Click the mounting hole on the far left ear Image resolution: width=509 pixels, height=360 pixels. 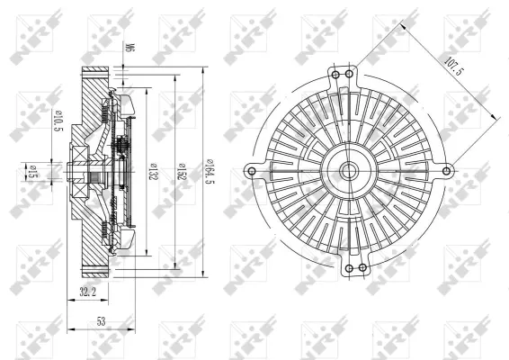251,170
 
